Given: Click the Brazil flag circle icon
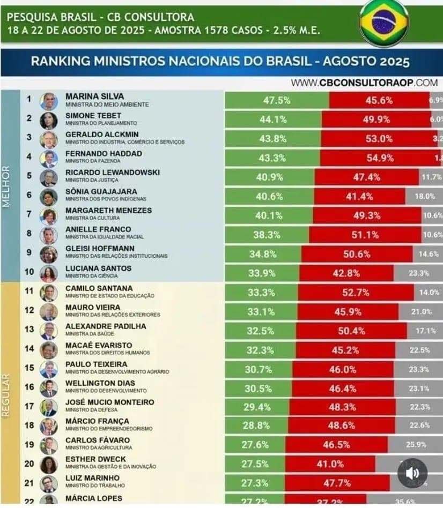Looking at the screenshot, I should [383, 23].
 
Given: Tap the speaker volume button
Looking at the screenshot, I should [412, 473].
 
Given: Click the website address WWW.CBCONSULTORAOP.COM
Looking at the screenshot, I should [365, 83].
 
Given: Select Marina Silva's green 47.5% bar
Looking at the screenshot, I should [277, 100].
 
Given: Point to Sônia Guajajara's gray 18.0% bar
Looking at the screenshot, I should [424, 197].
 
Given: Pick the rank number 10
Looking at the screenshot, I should [29, 272].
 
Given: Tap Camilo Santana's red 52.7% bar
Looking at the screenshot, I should [356, 292].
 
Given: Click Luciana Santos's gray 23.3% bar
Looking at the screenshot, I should [418, 273].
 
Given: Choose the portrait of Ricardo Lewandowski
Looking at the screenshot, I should [49, 177].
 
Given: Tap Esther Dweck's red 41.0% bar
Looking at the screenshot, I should [330, 464].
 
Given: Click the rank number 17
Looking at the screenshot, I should [29, 406].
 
